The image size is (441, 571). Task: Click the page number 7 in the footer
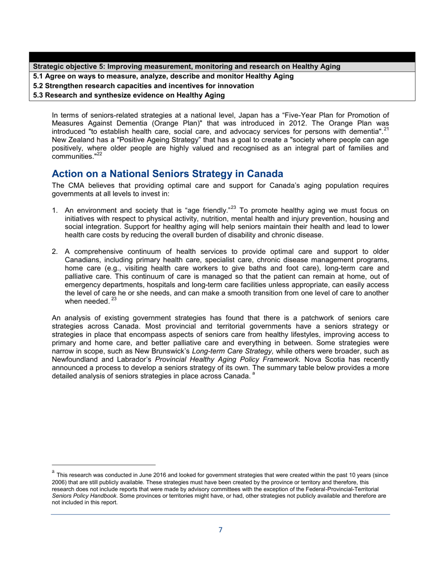220,530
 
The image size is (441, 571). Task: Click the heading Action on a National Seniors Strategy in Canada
167,174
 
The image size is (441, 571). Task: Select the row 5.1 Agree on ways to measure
163,76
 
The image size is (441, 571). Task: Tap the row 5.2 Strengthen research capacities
143,86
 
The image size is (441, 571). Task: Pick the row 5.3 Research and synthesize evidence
129,95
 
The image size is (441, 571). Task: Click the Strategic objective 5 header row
187,67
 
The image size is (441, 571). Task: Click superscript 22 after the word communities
99,154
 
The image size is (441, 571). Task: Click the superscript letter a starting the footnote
53,472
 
